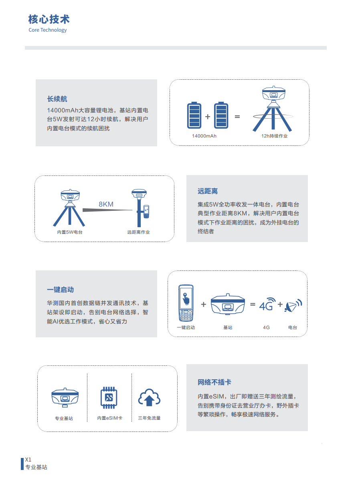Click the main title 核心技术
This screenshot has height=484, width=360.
pyautogui.click(x=49, y=19)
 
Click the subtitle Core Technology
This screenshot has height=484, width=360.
pyautogui.click(x=48, y=30)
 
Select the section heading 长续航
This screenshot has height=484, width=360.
pyautogui.click(x=57, y=99)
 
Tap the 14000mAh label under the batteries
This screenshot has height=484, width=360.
pyautogui.click(x=204, y=136)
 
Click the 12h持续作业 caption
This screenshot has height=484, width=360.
pyautogui.click(x=275, y=136)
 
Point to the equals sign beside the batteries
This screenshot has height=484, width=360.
pyautogui.click(x=237, y=117)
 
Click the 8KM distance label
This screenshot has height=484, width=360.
pyautogui.click(x=106, y=204)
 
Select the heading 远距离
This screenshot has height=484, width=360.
pyautogui.click(x=208, y=191)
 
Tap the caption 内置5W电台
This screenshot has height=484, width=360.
pyautogui.click(x=70, y=232)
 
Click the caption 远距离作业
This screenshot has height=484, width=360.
pyautogui.click(x=138, y=232)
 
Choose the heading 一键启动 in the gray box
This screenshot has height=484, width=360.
pyautogui.click(x=60, y=290)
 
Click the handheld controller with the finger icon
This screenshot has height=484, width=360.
pyautogui.click(x=186, y=303)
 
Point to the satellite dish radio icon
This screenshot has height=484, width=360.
pyautogui.click(x=293, y=305)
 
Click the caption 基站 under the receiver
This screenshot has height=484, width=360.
pyautogui.click(x=228, y=327)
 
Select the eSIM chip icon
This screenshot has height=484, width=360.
pyautogui.click(x=109, y=397)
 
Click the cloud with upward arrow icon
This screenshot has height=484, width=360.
pyautogui.click(x=149, y=397)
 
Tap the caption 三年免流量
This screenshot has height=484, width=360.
pyautogui.click(x=149, y=418)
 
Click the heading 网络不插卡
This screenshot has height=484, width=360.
pyautogui.click(x=214, y=382)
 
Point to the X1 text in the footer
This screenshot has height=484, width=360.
pyautogui.click(x=28, y=459)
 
